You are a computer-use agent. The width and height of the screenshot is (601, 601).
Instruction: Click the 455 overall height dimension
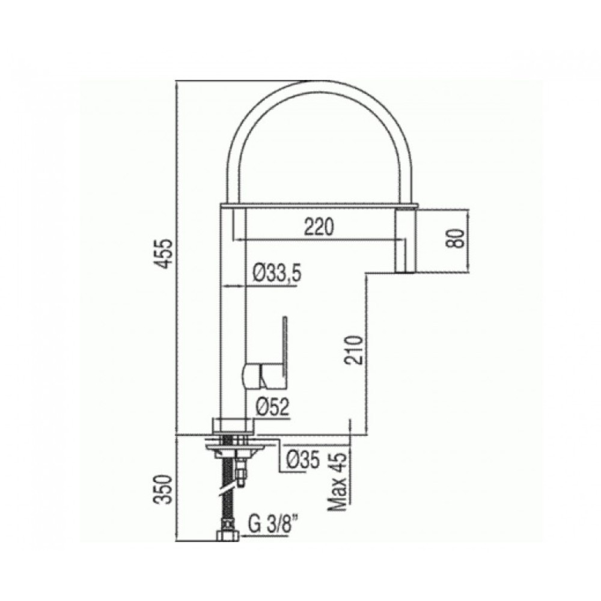tap(166, 254)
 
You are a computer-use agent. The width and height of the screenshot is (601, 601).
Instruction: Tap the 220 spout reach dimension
tap(319, 227)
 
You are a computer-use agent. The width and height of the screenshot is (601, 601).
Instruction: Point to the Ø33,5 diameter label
tap(277, 273)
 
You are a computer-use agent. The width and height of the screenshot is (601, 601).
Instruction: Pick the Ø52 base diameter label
tap(272, 407)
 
